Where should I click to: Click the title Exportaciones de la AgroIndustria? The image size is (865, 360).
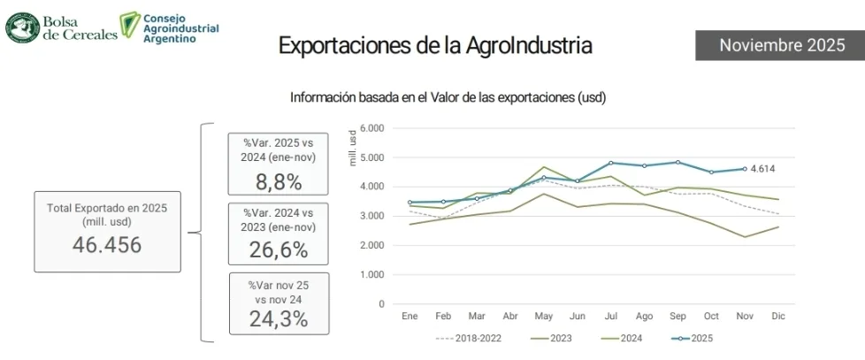(x=435, y=46)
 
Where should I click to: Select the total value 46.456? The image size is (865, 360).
(x=106, y=245)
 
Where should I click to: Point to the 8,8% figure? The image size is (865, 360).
(x=278, y=182)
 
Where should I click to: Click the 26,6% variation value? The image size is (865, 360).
(x=278, y=250)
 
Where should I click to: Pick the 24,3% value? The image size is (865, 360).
(x=278, y=319)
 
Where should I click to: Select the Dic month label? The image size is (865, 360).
(x=777, y=316)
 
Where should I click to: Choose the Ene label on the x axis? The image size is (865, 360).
(x=410, y=316)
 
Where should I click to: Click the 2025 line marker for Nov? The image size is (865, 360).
(x=745, y=169)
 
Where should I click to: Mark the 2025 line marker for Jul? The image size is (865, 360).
(x=610, y=163)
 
